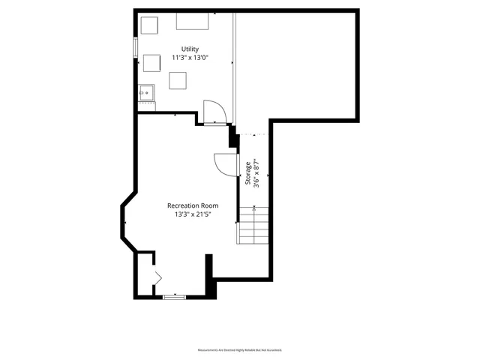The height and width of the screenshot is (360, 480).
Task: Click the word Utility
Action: coord(190,49)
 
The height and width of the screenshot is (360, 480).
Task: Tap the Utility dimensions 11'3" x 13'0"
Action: coord(190,57)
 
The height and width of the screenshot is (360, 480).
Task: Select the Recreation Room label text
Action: coord(192,205)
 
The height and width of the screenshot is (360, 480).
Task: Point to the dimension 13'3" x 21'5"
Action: coord(192,214)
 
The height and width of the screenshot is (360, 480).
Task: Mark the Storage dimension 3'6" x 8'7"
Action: coord(256,174)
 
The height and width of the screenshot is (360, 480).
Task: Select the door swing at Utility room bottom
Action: coord(214,112)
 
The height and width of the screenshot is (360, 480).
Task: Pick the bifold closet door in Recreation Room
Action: coord(157,277)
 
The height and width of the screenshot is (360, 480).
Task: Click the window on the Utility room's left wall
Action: coord(136,46)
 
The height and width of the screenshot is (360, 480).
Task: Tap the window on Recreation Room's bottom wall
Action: coord(174,297)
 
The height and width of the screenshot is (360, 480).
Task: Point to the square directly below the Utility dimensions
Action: coord(178,79)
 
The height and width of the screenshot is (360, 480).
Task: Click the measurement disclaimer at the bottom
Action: coord(240,350)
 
